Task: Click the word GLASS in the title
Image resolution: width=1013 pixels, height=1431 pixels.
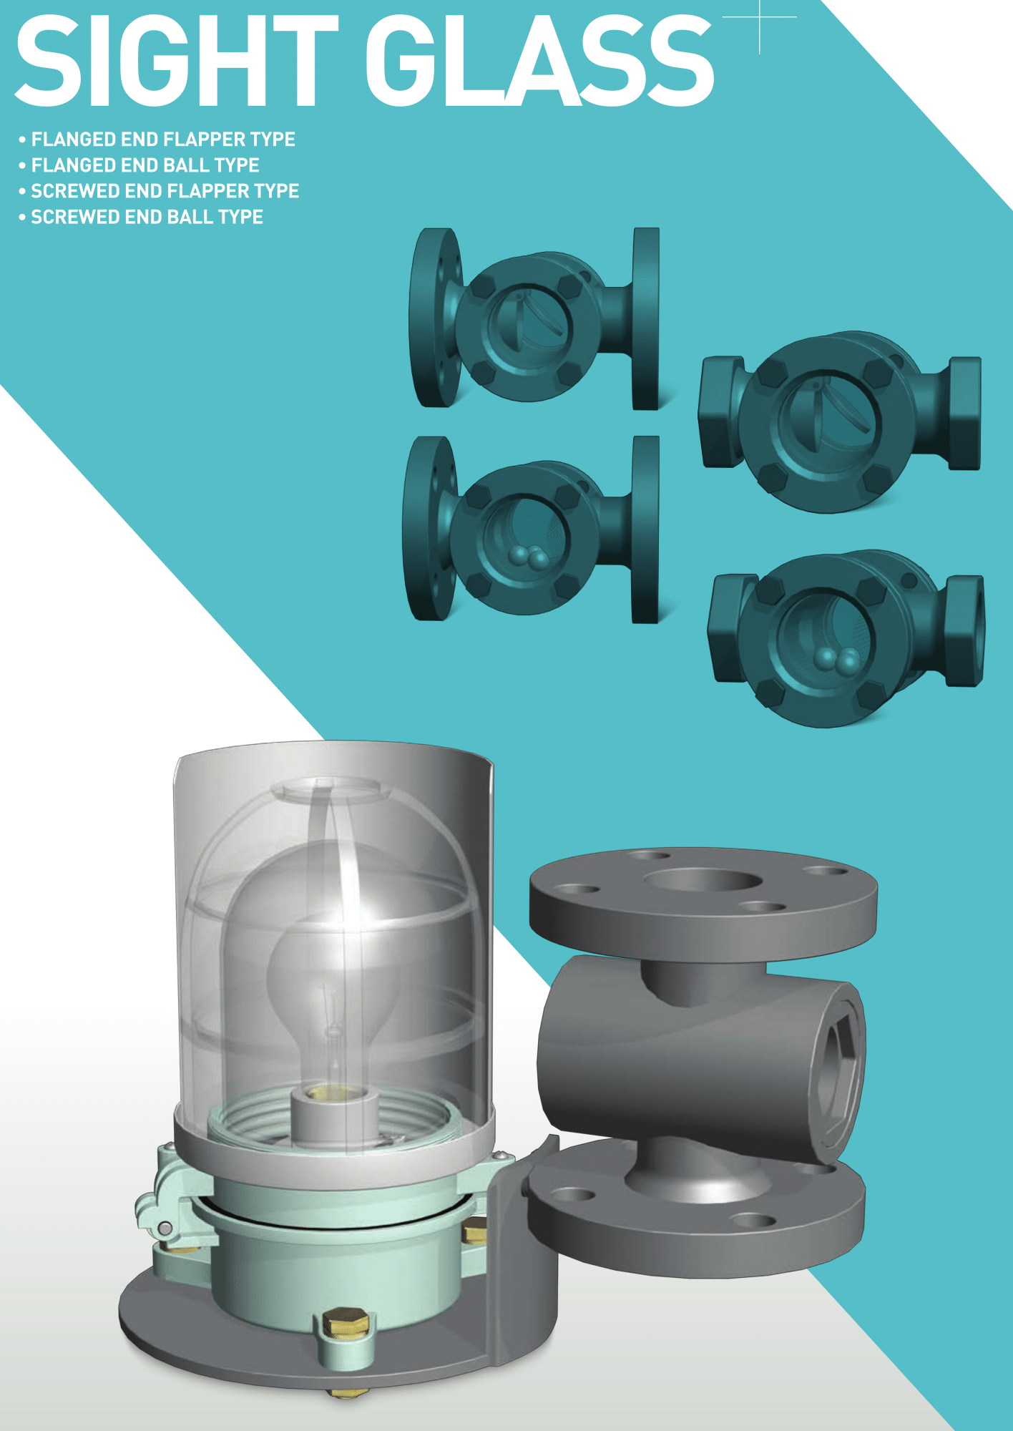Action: (539, 62)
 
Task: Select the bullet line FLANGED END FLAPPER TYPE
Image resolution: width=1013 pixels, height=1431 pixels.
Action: (157, 139)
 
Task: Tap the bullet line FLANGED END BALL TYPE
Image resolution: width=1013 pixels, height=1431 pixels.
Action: (139, 165)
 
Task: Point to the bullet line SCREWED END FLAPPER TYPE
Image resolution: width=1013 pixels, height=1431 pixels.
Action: (159, 191)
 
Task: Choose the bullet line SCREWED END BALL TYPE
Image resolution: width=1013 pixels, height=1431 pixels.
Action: (141, 217)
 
